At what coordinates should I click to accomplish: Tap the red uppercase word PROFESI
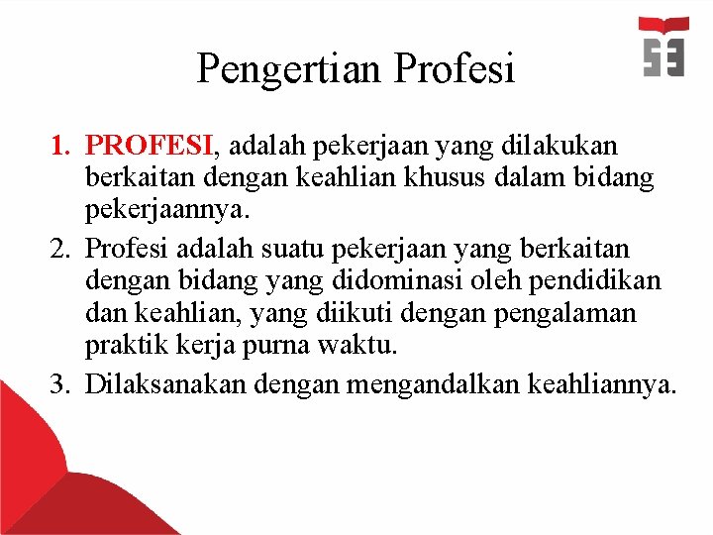149,147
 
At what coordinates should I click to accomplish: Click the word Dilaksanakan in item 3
166,383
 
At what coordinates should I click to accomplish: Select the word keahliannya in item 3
603,383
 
